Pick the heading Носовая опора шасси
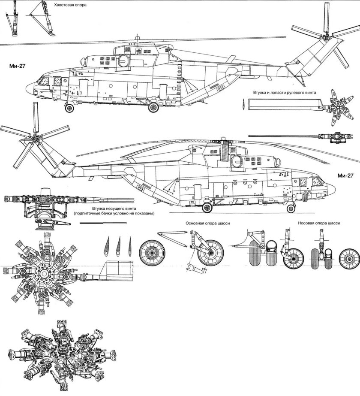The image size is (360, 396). pyautogui.click(x=319, y=224)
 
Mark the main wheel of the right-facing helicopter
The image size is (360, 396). pyautogui.click(x=207, y=209)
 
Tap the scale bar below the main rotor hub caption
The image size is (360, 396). pyautogui.click(x=103, y=224)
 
